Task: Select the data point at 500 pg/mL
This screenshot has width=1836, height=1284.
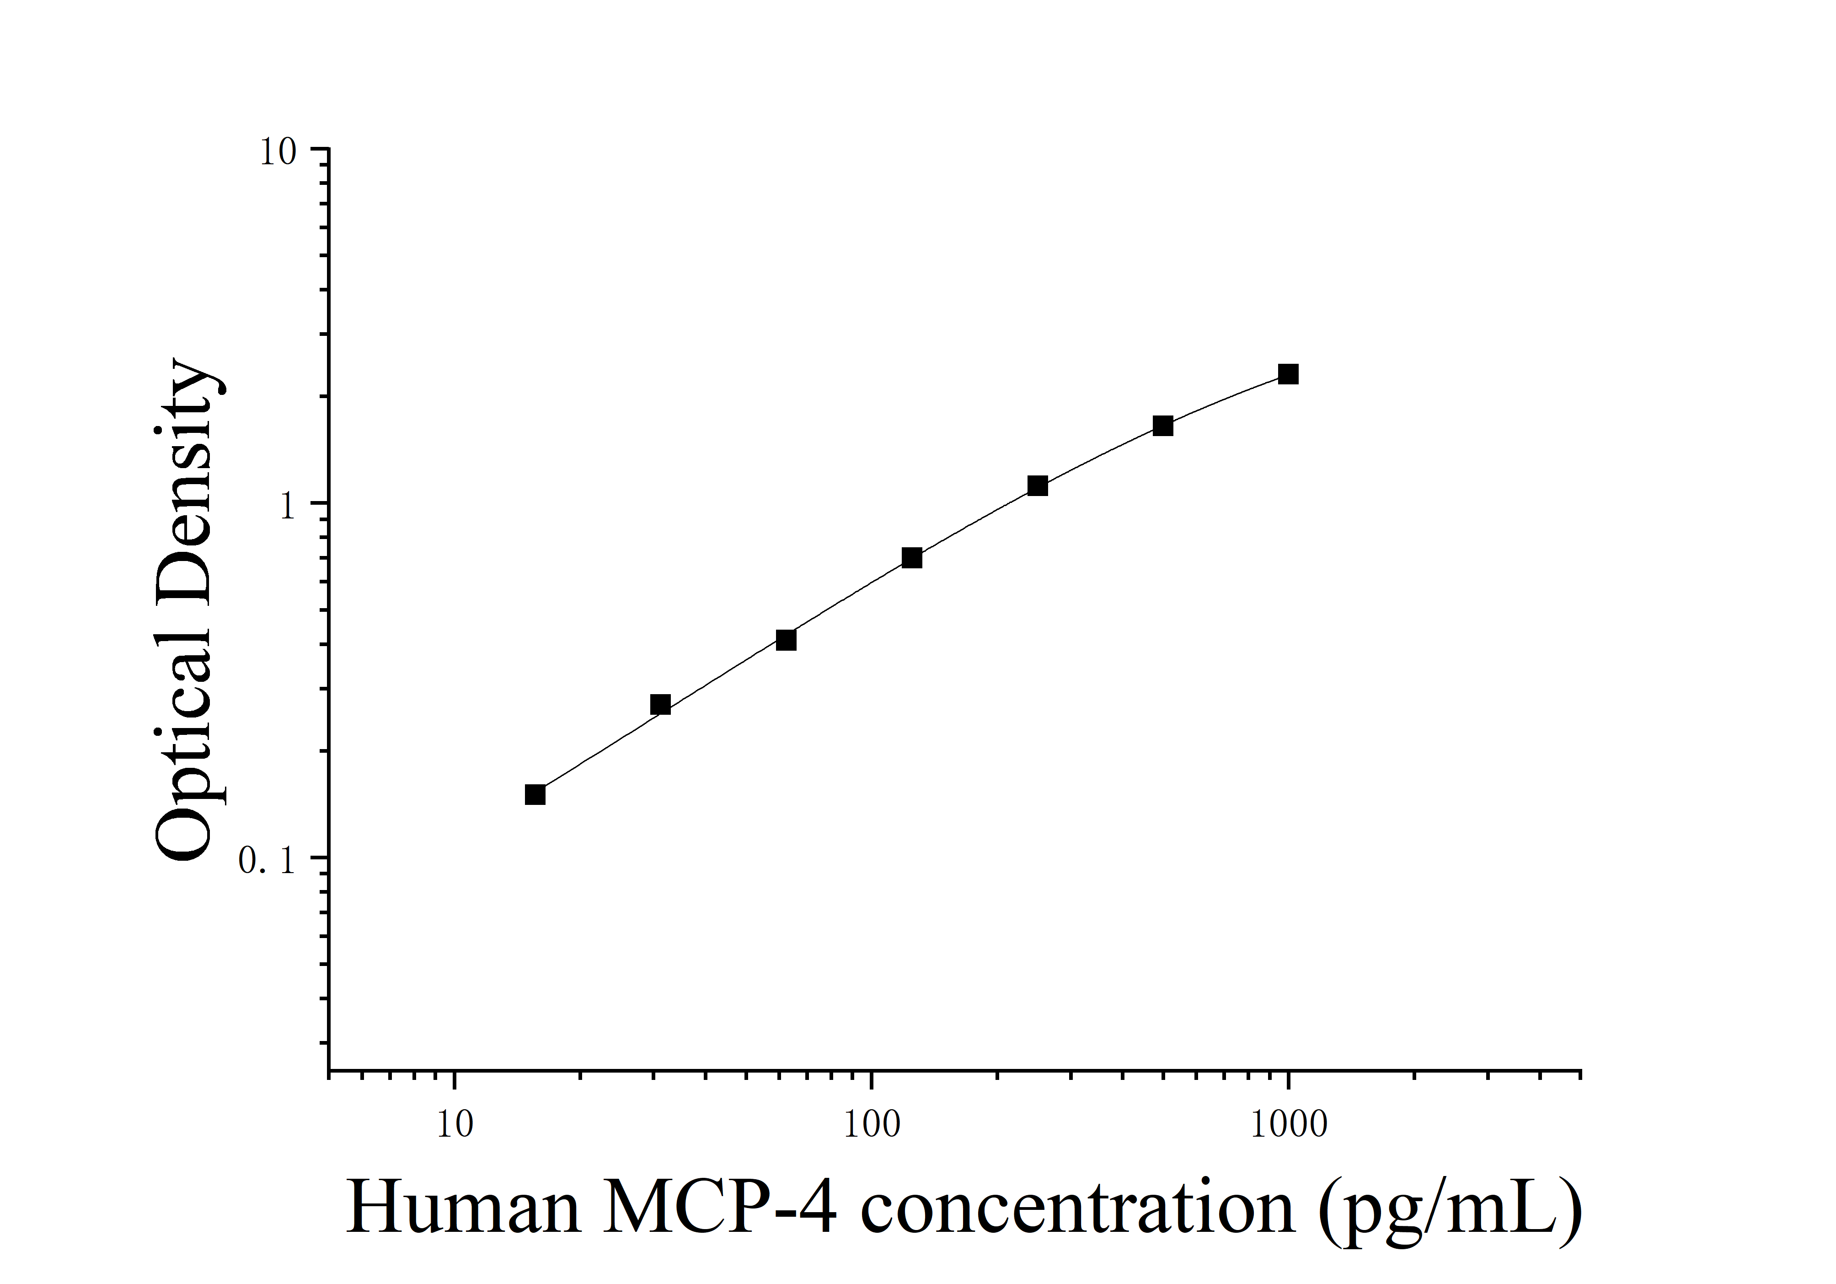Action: (x=1163, y=426)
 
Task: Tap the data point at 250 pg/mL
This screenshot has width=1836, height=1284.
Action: (x=1037, y=486)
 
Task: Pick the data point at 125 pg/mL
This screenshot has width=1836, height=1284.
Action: (x=912, y=558)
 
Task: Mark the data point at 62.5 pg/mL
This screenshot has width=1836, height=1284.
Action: (x=786, y=640)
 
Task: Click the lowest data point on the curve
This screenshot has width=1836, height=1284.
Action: (x=535, y=794)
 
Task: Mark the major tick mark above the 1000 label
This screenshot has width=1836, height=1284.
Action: (x=1288, y=1080)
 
